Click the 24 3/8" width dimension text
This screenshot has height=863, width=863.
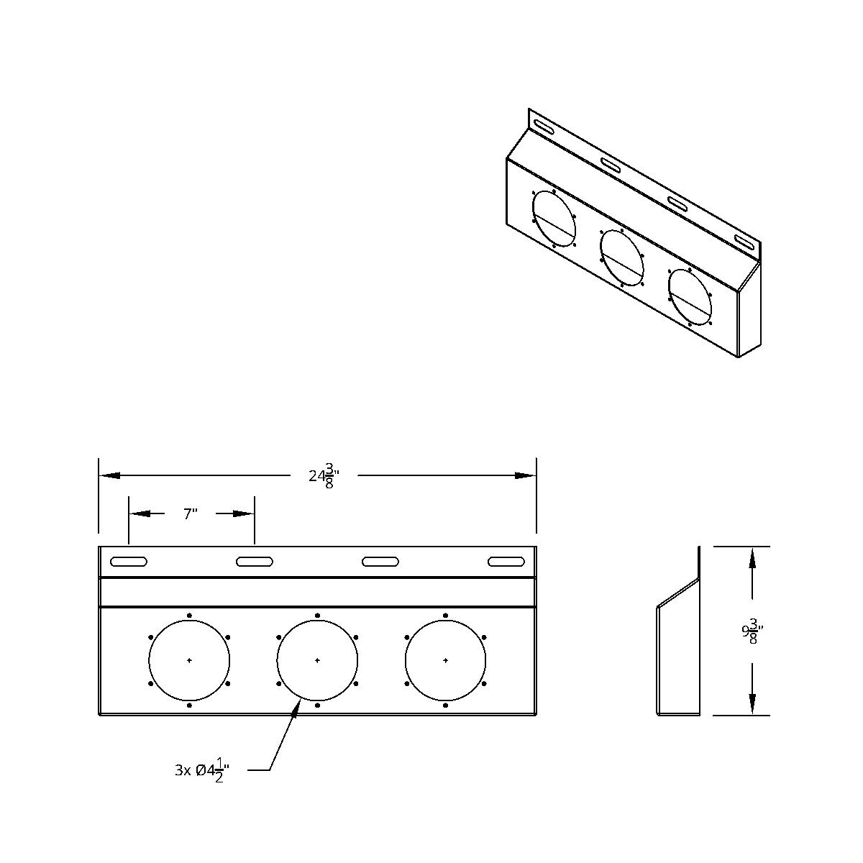[x=324, y=476]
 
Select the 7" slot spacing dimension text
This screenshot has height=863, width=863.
[x=190, y=513]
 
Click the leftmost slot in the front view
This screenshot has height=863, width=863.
[x=129, y=561]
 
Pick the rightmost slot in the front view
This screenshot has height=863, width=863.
[x=506, y=561]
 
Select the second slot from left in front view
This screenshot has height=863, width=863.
[x=255, y=561]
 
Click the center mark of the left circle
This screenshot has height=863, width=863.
[x=189, y=660]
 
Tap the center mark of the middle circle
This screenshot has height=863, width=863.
[x=317, y=660]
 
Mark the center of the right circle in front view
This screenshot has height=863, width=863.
[x=446, y=660]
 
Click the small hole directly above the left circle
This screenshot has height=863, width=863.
[x=189, y=616]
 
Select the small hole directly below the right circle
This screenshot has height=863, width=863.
[x=446, y=706]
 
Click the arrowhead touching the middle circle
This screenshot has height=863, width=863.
[x=297, y=706]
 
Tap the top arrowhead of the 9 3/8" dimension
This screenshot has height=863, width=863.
[x=752, y=557]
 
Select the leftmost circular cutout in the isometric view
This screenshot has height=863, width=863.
[x=554, y=219]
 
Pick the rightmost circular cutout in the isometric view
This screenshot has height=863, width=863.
[x=690, y=296]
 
